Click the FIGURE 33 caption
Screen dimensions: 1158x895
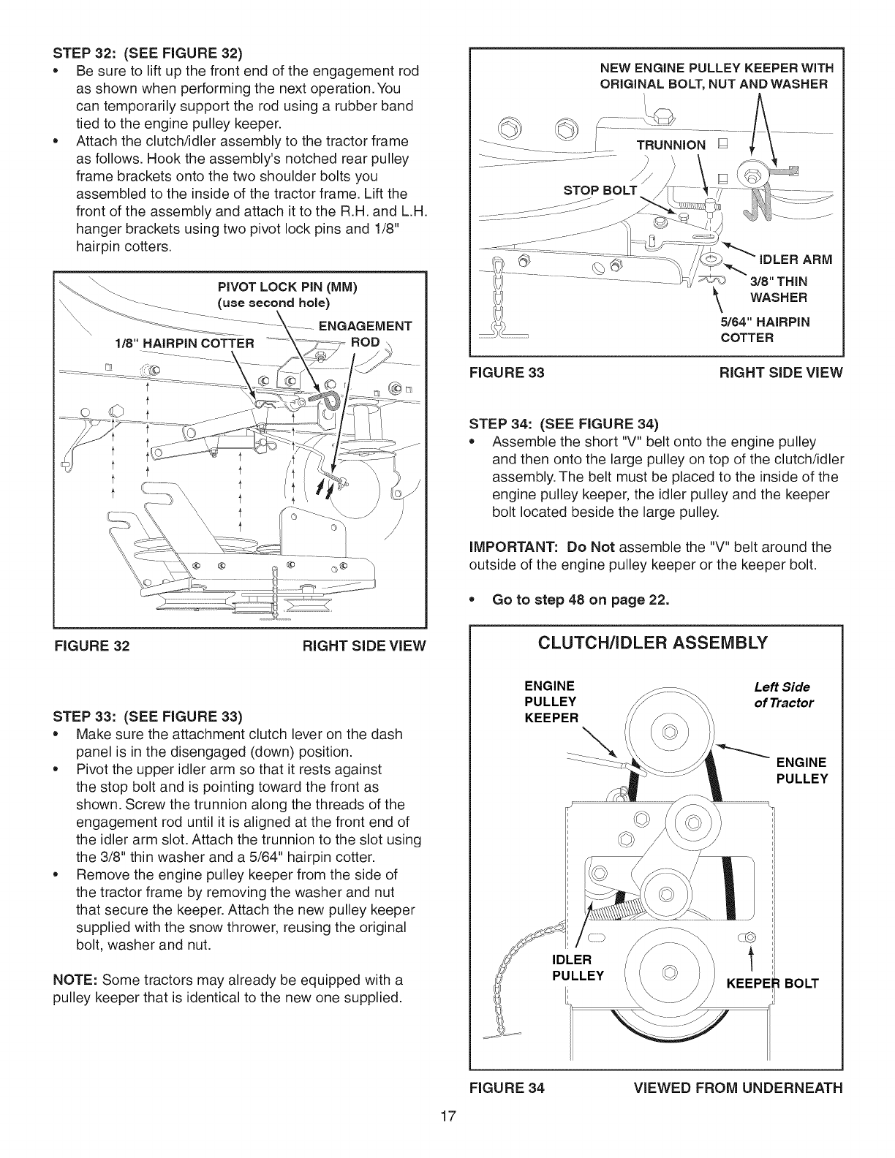507,373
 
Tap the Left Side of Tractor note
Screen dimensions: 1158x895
783,695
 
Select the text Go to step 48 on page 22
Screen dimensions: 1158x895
581,600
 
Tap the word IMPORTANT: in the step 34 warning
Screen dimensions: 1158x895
513,547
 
